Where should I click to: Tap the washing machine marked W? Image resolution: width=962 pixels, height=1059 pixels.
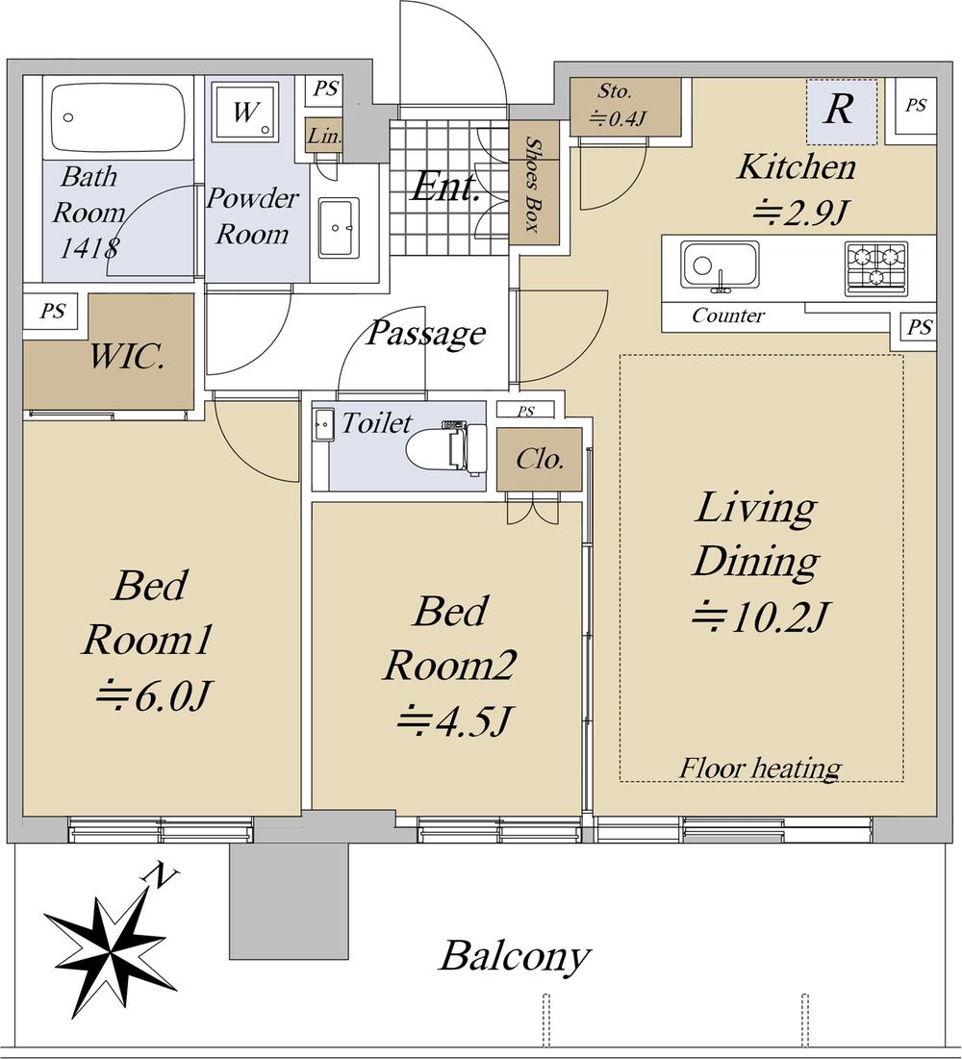point(244,113)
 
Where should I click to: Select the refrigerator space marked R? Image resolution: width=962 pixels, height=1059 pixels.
point(842,112)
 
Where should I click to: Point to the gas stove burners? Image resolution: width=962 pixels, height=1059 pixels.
point(875,267)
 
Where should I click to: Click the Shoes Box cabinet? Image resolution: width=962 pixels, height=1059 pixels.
point(534,183)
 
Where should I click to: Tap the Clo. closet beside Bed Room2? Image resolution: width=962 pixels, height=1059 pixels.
point(539,459)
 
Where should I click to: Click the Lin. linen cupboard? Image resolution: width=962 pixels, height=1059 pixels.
point(324,136)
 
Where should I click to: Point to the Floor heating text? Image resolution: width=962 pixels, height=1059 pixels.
point(760,768)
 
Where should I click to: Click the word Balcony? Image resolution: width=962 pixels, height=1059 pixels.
point(515,957)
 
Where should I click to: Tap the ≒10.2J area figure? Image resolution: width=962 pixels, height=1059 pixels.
point(760,616)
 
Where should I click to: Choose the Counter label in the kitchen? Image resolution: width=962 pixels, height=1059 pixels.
point(728,315)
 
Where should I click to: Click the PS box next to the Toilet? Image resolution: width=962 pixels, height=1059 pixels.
point(525,410)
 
